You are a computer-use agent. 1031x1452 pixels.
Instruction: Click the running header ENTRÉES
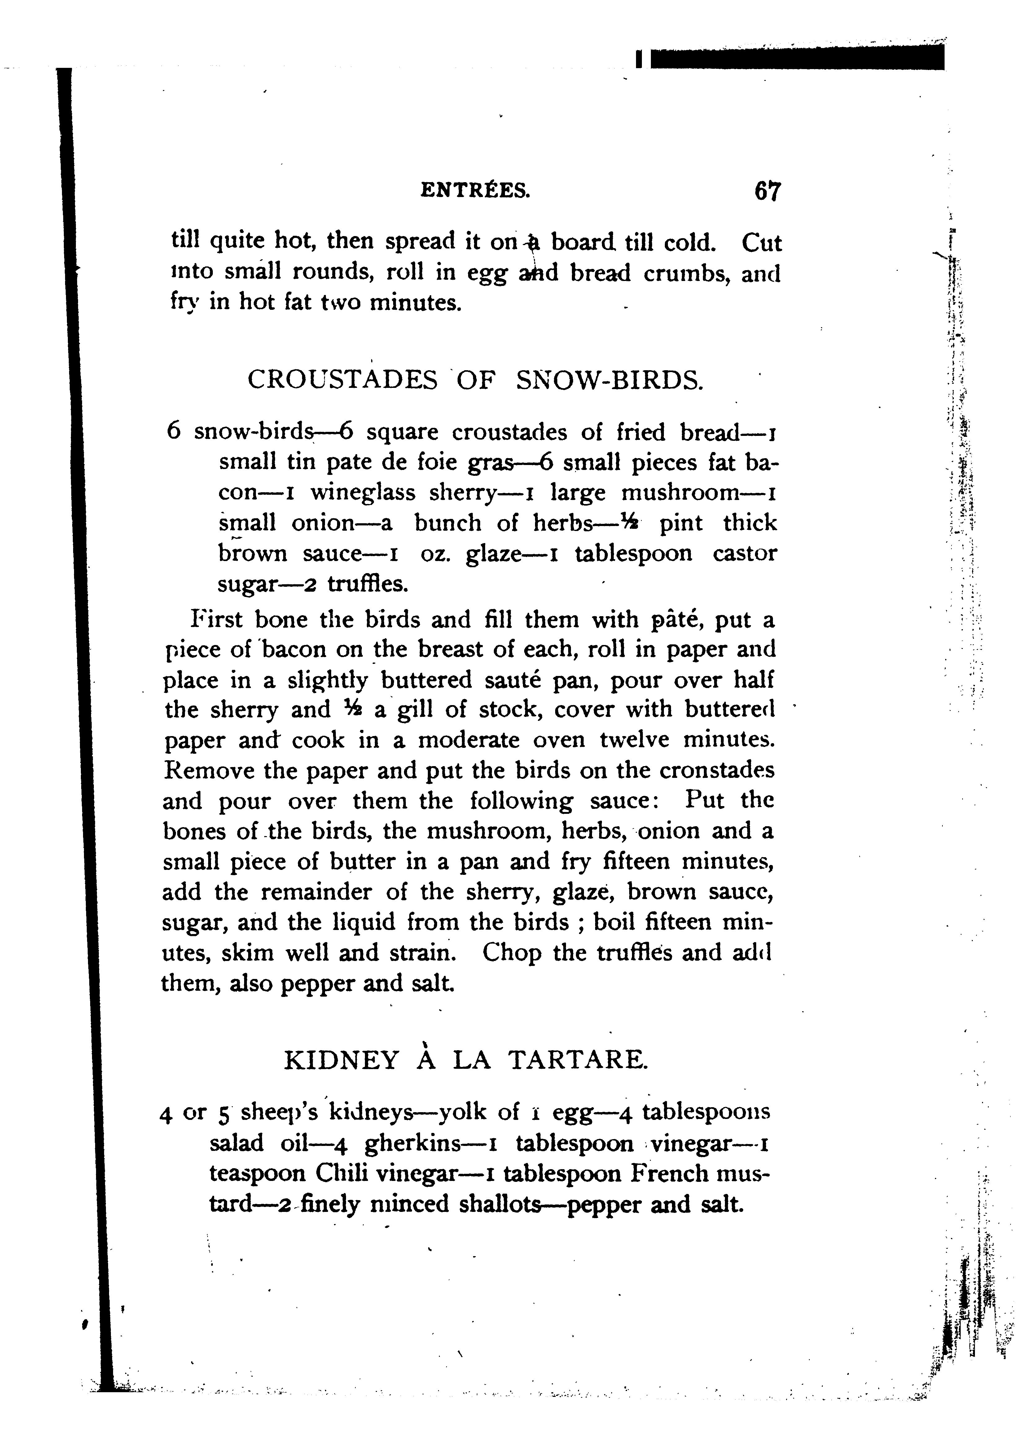point(475,190)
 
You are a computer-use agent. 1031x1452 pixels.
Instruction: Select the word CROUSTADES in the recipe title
point(342,380)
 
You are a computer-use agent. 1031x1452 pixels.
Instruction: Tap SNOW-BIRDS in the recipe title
point(610,380)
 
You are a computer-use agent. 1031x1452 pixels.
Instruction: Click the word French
point(669,1173)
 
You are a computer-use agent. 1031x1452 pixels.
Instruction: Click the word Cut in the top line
point(761,243)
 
